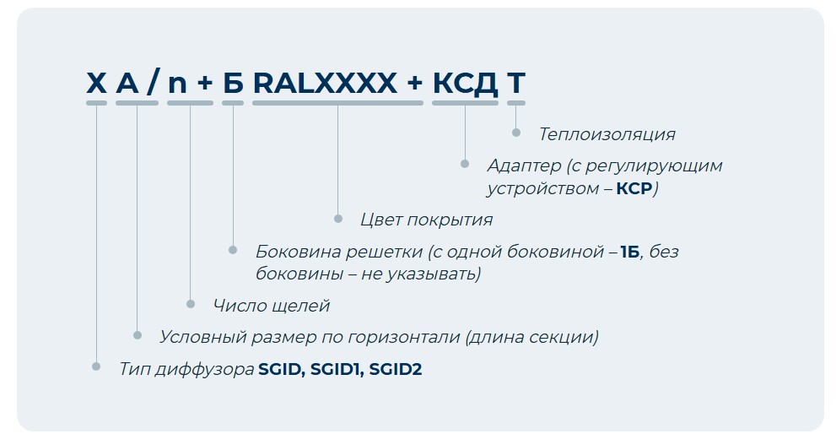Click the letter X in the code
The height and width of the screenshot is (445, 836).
pyautogui.click(x=96, y=83)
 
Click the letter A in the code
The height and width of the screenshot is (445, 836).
pyautogui.click(x=127, y=83)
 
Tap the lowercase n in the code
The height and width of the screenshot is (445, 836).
pyautogui.click(x=177, y=85)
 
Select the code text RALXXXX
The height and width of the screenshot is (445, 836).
pyautogui.click(x=326, y=83)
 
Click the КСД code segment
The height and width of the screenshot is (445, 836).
pyautogui.click(x=465, y=84)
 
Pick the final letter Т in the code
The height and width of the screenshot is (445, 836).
pyautogui.click(x=516, y=83)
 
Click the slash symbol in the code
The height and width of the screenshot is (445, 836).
pyautogui.click(x=153, y=83)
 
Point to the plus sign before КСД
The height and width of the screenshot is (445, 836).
pyautogui.click(x=415, y=84)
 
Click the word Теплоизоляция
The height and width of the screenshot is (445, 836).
pyautogui.click(x=607, y=134)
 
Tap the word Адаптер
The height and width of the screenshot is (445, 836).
pyautogui.click(x=524, y=166)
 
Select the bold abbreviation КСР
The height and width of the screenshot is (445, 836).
pyautogui.click(x=634, y=188)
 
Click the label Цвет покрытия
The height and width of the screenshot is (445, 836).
pyautogui.click(x=427, y=220)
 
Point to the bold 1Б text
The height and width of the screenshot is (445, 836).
pyautogui.click(x=630, y=252)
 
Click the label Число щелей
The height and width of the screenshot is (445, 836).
pyautogui.click(x=272, y=306)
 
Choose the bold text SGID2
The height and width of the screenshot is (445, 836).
pyautogui.click(x=396, y=369)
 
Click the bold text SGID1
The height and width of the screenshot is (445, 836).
pyautogui.click(x=337, y=369)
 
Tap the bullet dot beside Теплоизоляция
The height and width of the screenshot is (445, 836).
pyautogui.click(x=516, y=133)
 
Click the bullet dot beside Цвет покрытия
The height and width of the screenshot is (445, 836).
pyautogui.click(x=338, y=218)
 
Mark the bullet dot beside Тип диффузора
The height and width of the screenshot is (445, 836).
pyautogui.click(x=96, y=366)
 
